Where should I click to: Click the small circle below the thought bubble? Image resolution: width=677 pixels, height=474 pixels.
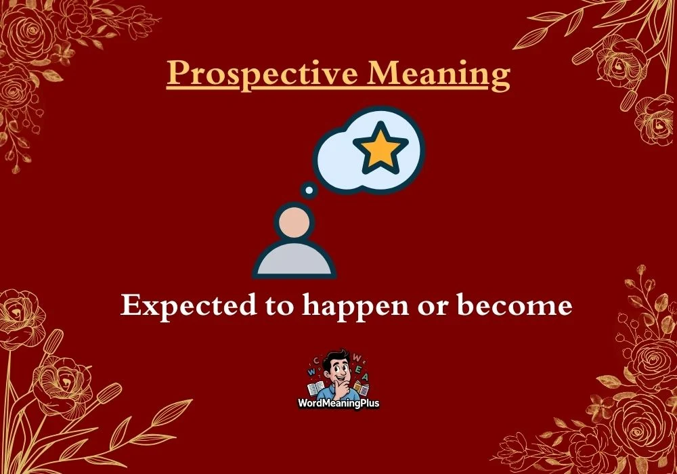click(x=309, y=191)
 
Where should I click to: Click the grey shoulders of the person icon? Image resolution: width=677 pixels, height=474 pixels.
click(x=294, y=261)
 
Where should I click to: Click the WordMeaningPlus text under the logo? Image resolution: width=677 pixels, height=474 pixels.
click(x=338, y=403)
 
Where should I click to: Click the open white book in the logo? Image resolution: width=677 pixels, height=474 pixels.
click(x=315, y=388)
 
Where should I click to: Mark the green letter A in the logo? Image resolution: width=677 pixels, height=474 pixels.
click(x=366, y=376)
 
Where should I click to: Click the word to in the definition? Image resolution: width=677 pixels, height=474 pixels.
click(x=280, y=307)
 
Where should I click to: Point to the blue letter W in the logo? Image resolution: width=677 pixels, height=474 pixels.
click(x=311, y=372)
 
